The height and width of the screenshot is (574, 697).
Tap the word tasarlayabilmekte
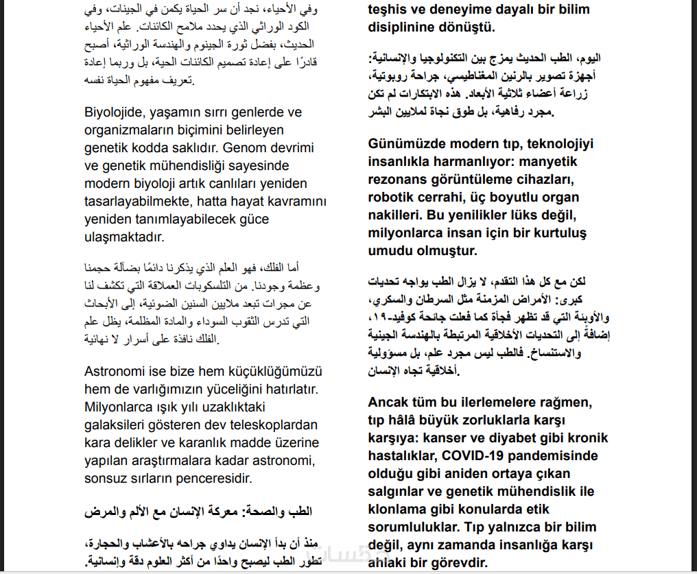pyautogui.click(x=133, y=202)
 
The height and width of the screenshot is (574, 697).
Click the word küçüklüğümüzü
pyautogui.click(x=270, y=372)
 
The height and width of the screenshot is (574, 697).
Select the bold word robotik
pyautogui.click(x=390, y=198)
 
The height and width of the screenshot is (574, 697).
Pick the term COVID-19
pyautogui.click(x=471, y=455)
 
